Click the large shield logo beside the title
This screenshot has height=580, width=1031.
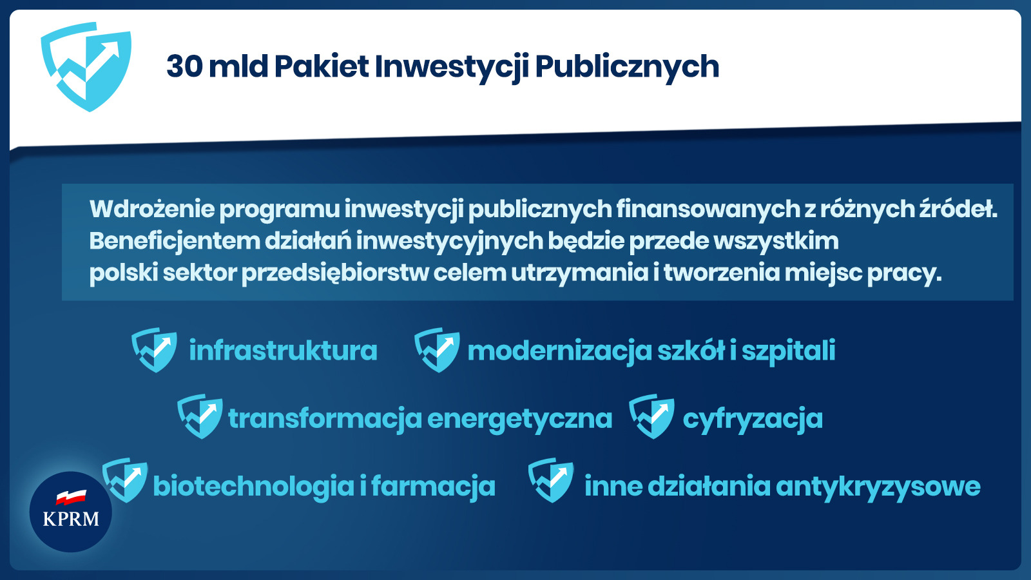click(86, 67)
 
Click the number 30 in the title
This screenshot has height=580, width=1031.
click(184, 66)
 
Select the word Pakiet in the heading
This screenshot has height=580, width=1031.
click(322, 66)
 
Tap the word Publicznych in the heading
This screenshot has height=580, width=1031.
click(627, 68)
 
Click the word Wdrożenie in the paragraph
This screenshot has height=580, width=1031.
click(152, 209)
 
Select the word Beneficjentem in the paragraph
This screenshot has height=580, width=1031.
click(175, 242)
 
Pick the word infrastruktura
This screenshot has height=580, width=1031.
click(283, 351)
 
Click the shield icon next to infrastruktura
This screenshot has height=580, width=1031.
click(154, 350)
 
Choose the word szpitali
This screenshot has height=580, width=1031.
click(789, 352)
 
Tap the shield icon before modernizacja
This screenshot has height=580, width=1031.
click(437, 350)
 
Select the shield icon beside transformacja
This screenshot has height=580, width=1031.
click(200, 416)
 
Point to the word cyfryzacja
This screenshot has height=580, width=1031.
click(753, 420)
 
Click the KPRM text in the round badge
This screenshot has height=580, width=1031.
click(71, 519)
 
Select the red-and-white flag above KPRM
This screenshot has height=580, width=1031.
click(72, 497)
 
